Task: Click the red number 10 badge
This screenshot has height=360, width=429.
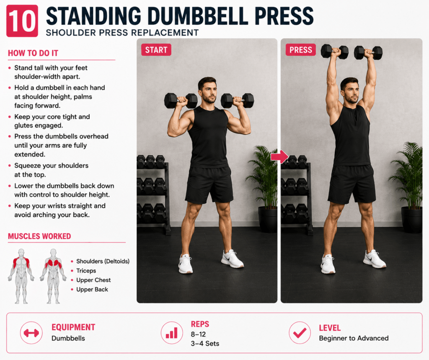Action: point(22,21)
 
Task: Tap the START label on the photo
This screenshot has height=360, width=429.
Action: point(156,50)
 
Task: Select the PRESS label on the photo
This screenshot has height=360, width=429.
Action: point(301,50)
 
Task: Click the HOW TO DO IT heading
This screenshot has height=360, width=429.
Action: point(33,53)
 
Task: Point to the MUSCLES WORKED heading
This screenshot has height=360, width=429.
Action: point(39,236)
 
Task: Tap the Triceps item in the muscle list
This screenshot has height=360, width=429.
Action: point(86,271)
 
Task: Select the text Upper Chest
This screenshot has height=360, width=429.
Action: point(93,280)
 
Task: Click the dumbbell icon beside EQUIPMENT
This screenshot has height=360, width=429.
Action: point(31,333)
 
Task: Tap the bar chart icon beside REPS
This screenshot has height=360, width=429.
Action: point(172,333)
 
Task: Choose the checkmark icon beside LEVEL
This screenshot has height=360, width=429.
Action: point(300,333)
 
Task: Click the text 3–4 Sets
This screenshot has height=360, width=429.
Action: point(205,344)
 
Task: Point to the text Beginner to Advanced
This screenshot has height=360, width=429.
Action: point(354,338)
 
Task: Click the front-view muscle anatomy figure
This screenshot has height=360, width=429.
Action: point(21,276)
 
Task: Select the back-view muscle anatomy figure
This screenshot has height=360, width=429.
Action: point(53,276)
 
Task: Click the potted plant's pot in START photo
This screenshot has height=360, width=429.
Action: point(268,220)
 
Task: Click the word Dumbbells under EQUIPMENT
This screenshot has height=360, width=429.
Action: point(68,338)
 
